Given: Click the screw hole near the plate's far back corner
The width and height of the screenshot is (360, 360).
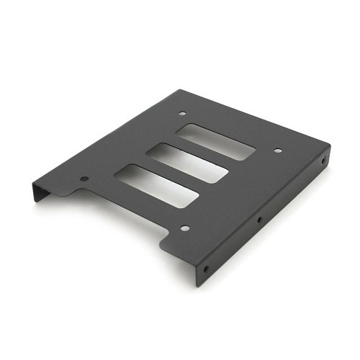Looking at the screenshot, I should click(180, 113).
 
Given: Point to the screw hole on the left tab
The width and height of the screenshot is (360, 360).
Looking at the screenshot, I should click(84, 179).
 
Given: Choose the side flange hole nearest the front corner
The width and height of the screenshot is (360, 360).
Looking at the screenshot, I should click(207, 268).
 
